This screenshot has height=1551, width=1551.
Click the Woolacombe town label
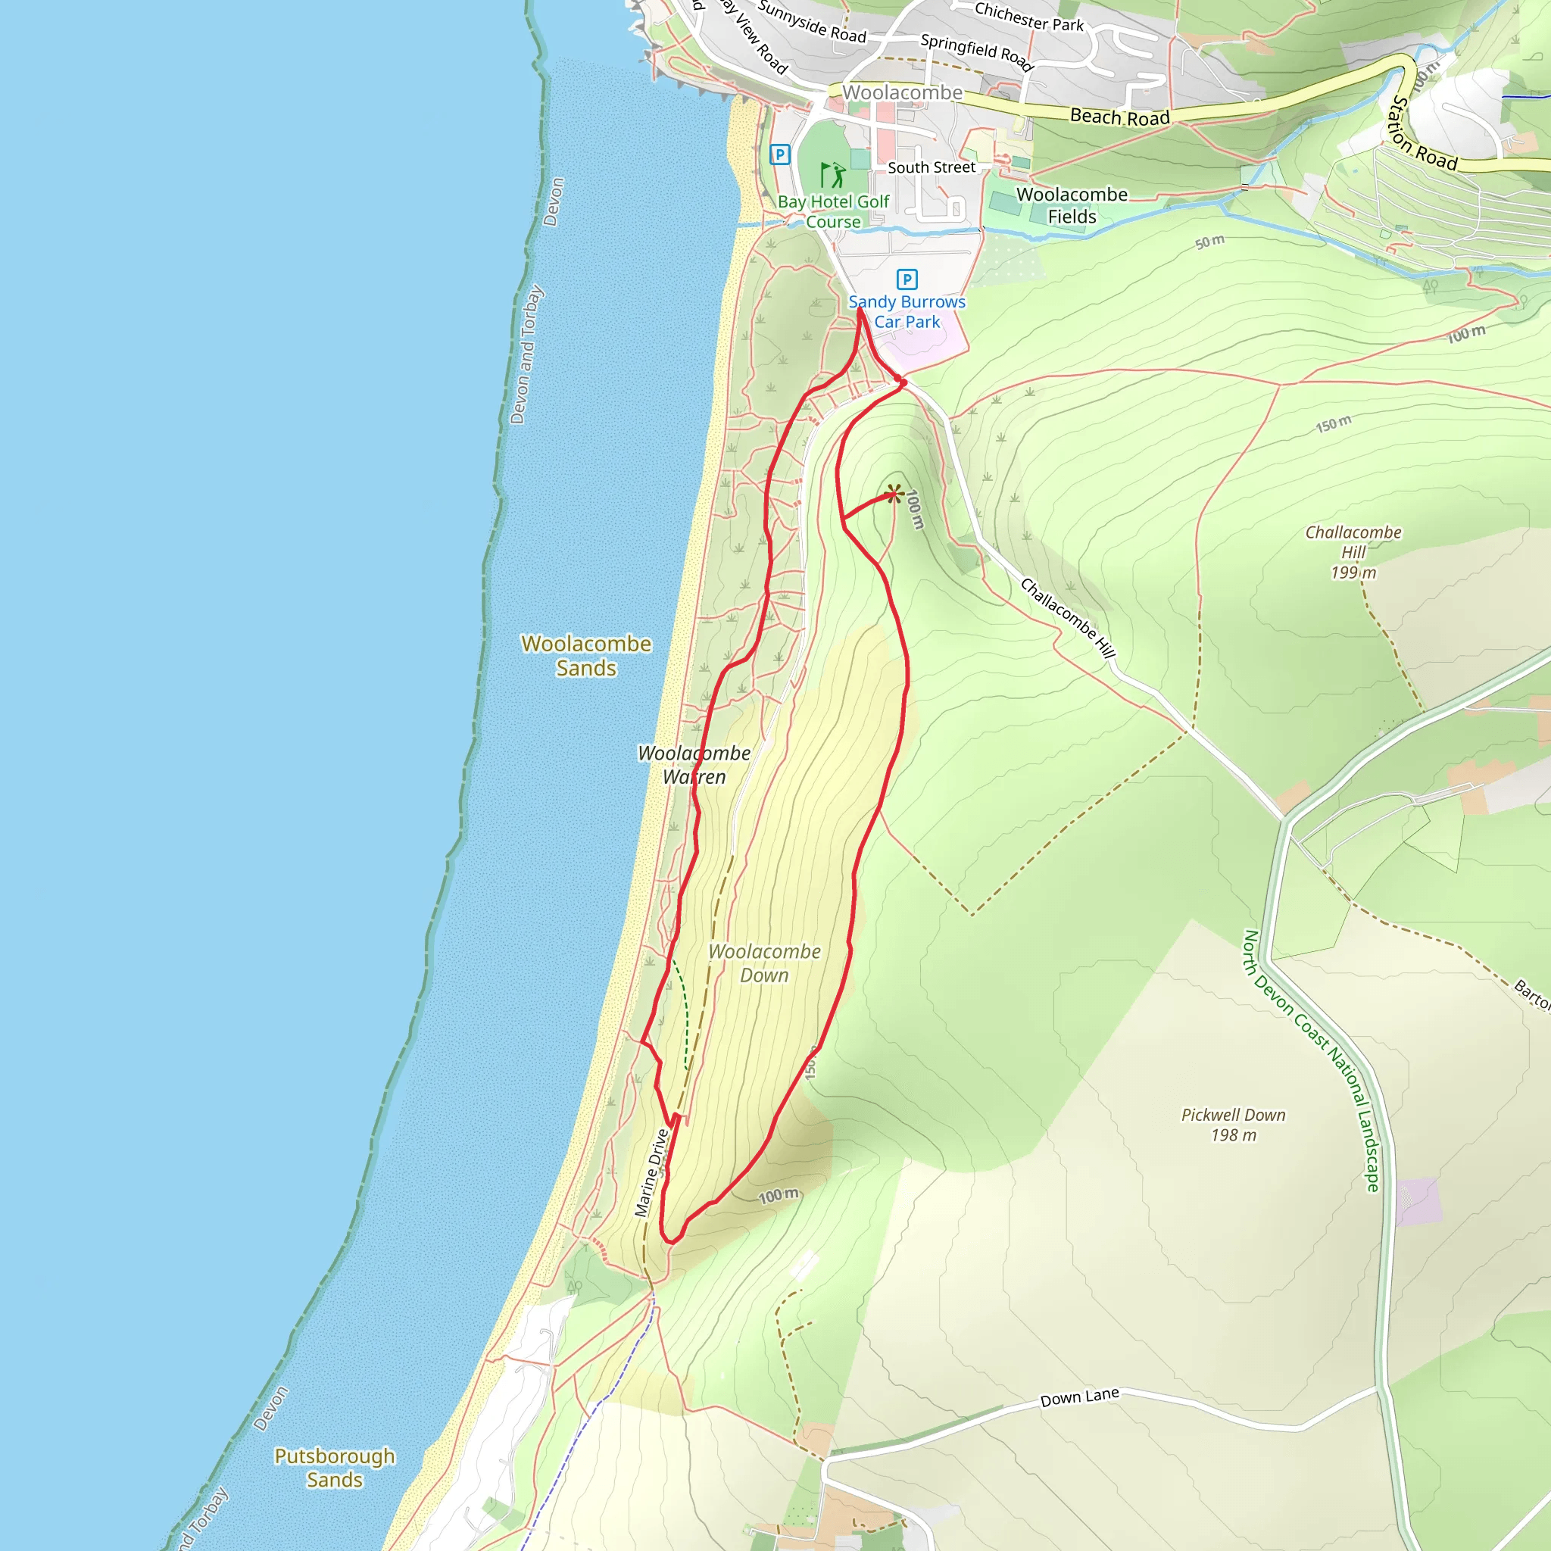coord(901,93)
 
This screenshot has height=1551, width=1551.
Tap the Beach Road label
coord(1119,117)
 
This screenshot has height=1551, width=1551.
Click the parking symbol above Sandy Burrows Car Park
coord(907,279)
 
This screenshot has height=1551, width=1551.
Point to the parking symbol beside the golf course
coord(779,154)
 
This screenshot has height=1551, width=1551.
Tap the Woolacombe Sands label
coord(586,656)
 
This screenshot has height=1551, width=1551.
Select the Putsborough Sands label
coord(335,1468)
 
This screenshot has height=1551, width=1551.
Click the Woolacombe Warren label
coord(694,764)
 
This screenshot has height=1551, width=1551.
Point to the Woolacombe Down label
coord(764,963)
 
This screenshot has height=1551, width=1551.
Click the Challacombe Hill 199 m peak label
coord(1353,552)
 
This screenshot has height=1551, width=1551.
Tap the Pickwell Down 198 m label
coord(1233,1125)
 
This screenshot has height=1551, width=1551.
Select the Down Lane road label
coord(1079,1398)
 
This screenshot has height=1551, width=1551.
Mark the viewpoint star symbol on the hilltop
coord(894,494)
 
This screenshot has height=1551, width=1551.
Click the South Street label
coord(932,167)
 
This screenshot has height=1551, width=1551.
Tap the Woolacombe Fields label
coord(1072,205)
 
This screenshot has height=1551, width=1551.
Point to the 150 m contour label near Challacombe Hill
coord(1333,424)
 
